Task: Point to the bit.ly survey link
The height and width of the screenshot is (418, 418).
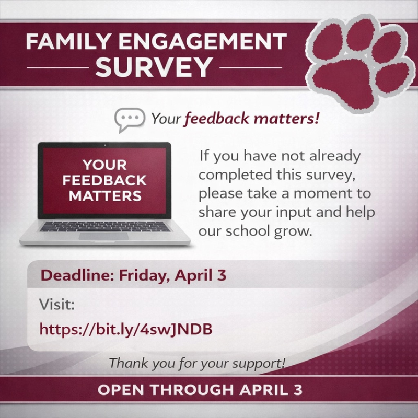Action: pos(126,329)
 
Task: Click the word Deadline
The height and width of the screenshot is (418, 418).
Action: pos(69,275)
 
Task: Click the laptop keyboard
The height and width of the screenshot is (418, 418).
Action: pos(104,227)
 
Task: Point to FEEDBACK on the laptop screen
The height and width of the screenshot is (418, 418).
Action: pos(104,181)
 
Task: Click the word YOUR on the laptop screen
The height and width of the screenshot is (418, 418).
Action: pos(104,166)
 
